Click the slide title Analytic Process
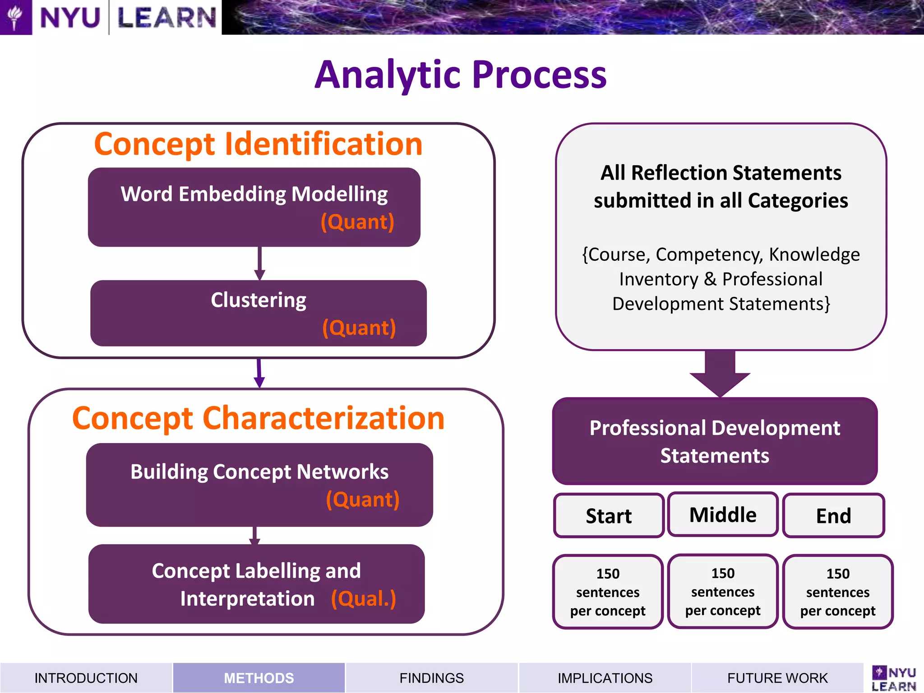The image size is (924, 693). [461, 74]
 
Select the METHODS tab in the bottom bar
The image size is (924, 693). [259, 678]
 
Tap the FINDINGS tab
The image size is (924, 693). [431, 678]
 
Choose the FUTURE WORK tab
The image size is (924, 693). [777, 678]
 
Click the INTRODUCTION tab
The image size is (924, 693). [86, 678]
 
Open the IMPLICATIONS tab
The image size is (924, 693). [605, 678]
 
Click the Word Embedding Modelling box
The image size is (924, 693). [254, 207]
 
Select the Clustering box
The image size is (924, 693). [259, 313]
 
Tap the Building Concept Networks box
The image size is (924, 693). [259, 485]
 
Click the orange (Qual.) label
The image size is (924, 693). [364, 599]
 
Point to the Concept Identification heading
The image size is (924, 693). [258, 144]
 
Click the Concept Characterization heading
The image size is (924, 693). [259, 418]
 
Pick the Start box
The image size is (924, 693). [609, 516]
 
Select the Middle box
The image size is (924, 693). [723, 515]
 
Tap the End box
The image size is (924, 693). [833, 516]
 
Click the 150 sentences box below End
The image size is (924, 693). [838, 592]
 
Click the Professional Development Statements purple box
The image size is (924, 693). [715, 441]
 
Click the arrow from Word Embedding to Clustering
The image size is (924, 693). [259, 263]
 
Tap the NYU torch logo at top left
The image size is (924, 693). [15, 17]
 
